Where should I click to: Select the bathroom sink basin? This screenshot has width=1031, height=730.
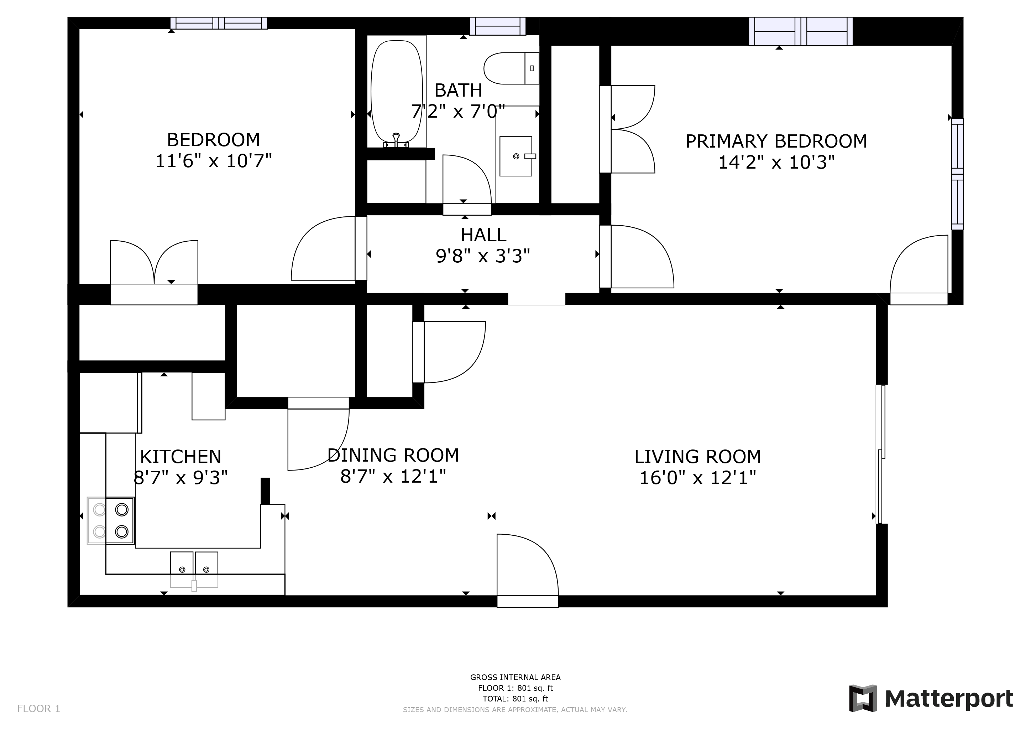coord(516,156)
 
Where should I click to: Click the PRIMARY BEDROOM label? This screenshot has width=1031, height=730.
coord(776,141)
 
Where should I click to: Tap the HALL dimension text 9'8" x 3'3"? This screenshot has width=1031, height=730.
coord(483,256)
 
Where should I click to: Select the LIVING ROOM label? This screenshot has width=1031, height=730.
coord(697,457)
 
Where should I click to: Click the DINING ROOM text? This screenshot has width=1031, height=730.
coord(393,455)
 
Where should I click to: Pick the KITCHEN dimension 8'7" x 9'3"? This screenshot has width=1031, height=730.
coord(180,477)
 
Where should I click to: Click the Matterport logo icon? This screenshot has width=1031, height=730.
coord(863,698)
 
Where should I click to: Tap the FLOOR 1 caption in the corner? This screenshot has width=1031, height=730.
coord(38,708)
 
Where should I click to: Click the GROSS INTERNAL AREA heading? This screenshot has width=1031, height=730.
coord(515,677)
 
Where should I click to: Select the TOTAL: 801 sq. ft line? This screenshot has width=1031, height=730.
coord(515,699)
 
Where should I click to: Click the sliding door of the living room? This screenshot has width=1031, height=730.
coord(882,454)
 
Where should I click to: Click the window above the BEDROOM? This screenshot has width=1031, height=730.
coord(219,23)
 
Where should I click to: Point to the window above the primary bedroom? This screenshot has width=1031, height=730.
coord(801,31)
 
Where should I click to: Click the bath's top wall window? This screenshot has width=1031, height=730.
coord(498,26)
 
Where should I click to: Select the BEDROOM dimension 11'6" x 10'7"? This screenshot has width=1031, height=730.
coord(214,161)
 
